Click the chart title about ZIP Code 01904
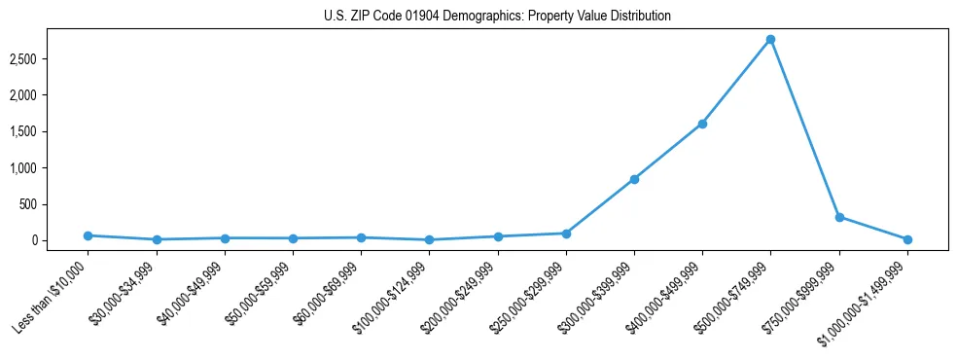pos(497,17)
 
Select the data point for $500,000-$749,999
pos(770,39)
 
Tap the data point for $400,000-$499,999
pos(702,124)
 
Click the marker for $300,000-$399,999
pos(634,179)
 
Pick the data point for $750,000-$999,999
pos(839,217)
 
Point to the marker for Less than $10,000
pos(88,235)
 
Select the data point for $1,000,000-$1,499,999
pos(907,239)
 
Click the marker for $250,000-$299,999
pos(566,234)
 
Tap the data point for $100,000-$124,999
pos(429,239)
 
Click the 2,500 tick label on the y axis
pos(51,59)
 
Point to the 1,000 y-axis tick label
pos(51,168)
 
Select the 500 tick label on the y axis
pos(55,204)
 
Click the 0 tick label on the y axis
pos(60,240)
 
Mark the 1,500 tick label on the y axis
pos(51,132)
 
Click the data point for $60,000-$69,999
pos(361,237)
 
